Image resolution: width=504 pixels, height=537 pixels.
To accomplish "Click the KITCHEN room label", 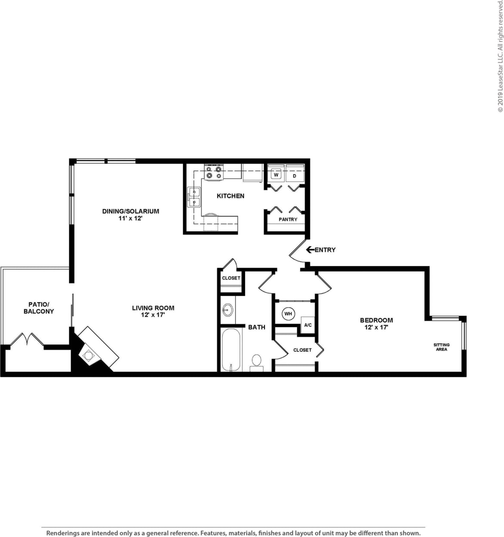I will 230,196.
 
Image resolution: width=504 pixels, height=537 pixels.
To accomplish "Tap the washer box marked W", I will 277,175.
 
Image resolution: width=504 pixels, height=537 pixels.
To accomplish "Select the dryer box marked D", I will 295,176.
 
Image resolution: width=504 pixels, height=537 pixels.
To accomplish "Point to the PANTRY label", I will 288,219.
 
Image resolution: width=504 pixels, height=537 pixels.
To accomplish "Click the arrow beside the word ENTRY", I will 310,250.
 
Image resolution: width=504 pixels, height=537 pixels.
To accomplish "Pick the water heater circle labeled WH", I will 288,314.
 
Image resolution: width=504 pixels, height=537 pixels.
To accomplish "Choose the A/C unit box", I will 308,325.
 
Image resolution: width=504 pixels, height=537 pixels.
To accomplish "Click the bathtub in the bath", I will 231,350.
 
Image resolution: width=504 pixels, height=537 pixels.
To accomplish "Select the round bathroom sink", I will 227,309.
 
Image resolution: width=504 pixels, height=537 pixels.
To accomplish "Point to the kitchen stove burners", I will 214,172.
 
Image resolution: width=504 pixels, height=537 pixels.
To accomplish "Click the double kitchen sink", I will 194,197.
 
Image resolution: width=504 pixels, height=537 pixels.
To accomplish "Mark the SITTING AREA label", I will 441,347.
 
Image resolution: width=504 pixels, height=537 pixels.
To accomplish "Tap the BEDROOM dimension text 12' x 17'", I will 376,327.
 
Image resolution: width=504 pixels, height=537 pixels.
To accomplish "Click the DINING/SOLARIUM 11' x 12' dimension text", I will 130,219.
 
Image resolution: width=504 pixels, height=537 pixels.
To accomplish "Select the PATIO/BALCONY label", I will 39,308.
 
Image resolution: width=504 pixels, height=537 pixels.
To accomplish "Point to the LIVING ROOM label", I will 153,308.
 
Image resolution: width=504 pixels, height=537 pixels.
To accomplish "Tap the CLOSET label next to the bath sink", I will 231,278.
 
